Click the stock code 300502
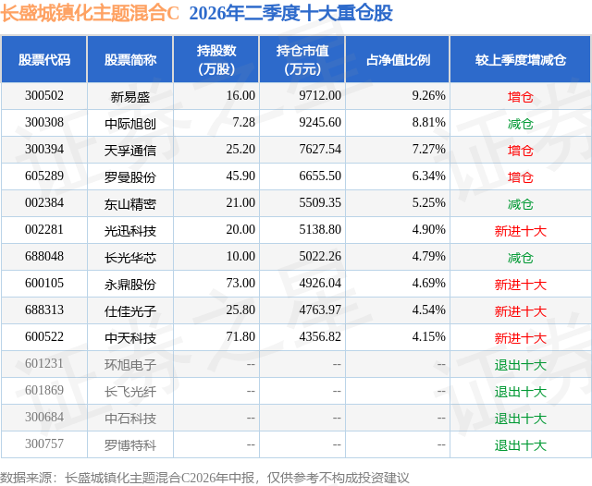point(44,96)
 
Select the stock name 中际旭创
point(130,123)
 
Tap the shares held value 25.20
point(240,150)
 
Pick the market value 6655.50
point(320,176)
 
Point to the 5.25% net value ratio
point(428,203)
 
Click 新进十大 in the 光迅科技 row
point(520,231)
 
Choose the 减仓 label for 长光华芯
point(520,258)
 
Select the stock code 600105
point(44,283)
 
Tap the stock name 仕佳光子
point(130,311)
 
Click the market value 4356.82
point(320,336)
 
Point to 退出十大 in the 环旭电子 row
point(520,365)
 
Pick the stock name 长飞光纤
point(130,392)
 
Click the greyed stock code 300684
point(44,417)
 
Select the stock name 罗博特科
point(130,445)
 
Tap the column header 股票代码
point(44,59)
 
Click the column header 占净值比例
point(398,59)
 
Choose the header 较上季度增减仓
point(520,59)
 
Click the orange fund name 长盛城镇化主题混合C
point(90,13)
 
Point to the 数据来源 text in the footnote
point(26,478)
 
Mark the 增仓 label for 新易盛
point(520,97)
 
